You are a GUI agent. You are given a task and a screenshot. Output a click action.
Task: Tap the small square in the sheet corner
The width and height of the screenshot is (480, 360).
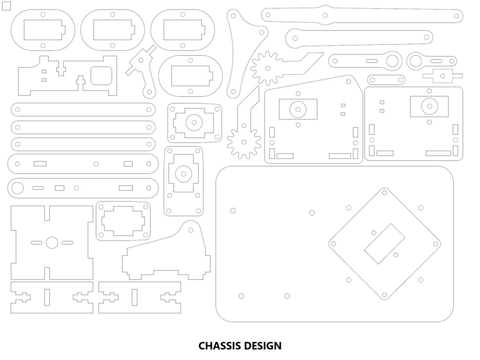click(6, 6)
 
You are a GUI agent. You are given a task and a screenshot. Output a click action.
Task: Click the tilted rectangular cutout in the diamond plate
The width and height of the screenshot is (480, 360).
click(384, 244)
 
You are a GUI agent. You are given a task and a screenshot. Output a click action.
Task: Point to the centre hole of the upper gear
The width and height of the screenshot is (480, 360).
click(268, 68)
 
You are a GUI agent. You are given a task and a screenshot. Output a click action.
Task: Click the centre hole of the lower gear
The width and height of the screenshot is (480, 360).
click(244, 142)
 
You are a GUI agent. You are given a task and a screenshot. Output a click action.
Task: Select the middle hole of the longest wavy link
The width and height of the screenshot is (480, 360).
click(325, 15)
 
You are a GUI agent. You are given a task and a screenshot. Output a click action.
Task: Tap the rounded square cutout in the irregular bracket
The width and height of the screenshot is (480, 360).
click(101, 76)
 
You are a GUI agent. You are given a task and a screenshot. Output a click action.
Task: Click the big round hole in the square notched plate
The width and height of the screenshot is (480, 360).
click(52, 243)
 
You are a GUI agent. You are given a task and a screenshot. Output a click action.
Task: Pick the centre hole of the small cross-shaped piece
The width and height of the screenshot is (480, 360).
click(443, 76)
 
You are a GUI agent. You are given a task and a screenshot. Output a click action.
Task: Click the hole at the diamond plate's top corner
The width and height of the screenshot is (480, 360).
click(384, 193)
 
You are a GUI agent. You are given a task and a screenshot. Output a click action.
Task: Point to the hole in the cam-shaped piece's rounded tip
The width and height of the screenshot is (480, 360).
click(191, 230)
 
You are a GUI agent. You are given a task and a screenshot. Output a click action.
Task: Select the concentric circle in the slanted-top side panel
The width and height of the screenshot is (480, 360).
click(298, 109)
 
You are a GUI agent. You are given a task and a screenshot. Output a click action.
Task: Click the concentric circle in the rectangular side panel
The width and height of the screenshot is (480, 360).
click(429, 106)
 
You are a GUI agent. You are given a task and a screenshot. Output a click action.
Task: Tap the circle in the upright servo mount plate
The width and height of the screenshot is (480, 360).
click(184, 174)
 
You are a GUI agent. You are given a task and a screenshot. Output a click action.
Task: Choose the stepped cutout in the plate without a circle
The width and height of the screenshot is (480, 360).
click(123, 221)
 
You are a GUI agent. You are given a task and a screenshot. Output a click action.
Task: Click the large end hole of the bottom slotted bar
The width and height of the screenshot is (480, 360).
click(17, 188)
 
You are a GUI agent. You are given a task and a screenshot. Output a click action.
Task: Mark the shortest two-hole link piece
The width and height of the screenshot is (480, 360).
click(386, 80)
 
